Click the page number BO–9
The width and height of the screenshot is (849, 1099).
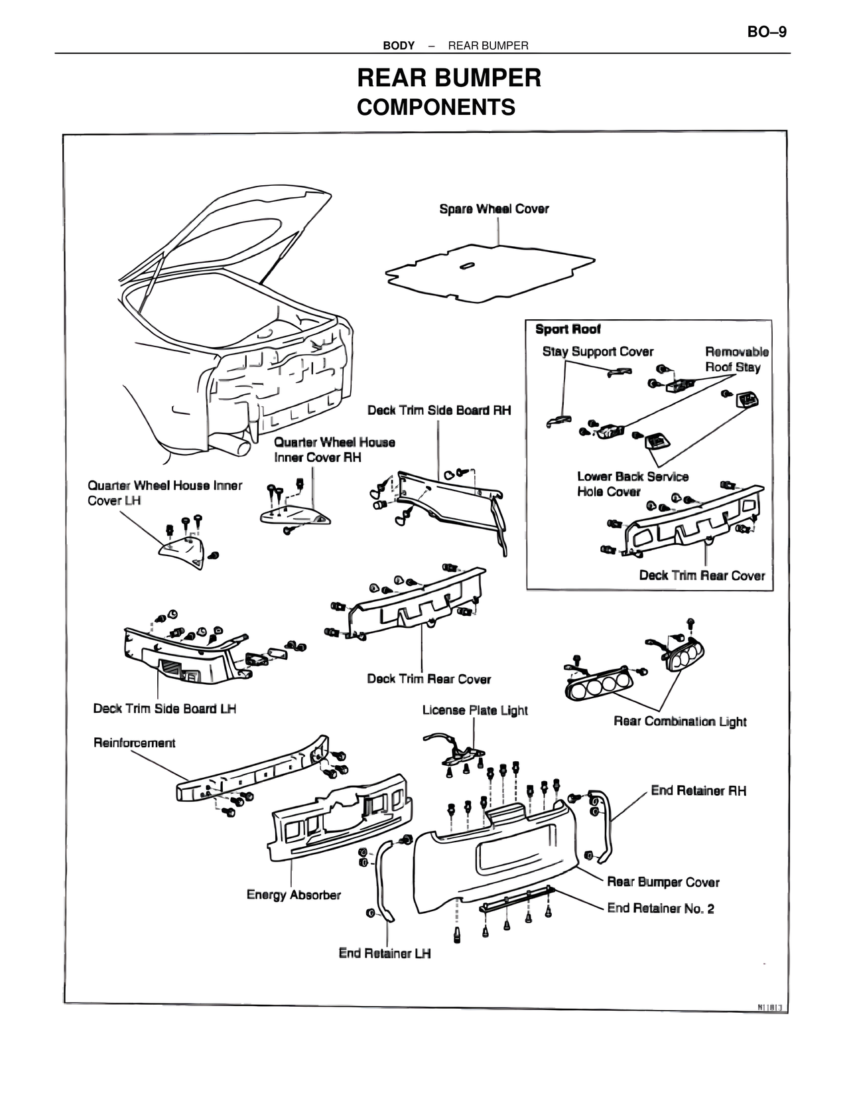[x=767, y=32]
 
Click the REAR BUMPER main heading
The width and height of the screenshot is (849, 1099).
[x=449, y=78]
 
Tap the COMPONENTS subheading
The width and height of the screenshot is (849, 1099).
[x=436, y=107]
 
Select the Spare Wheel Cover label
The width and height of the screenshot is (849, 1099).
[x=494, y=209]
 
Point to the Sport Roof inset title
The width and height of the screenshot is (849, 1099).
[x=568, y=329]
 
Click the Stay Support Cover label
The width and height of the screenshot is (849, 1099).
[x=598, y=352]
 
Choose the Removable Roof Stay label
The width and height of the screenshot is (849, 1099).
[x=736, y=359]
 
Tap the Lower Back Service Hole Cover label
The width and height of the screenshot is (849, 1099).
[x=632, y=484]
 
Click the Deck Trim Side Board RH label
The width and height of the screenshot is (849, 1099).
[x=439, y=410]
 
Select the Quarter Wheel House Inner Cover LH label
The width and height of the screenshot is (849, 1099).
[x=164, y=492]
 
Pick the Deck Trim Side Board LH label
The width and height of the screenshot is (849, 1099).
[x=164, y=709]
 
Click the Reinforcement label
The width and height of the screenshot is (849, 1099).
[x=134, y=743]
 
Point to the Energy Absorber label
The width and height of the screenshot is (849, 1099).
[x=293, y=895]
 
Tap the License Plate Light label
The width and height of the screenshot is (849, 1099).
[x=475, y=710]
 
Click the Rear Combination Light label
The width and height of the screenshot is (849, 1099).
[x=680, y=721]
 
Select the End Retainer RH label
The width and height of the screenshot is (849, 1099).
[x=698, y=790]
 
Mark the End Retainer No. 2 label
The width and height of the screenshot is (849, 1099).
[x=661, y=908]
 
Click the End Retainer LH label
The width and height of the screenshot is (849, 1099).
[x=385, y=953]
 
